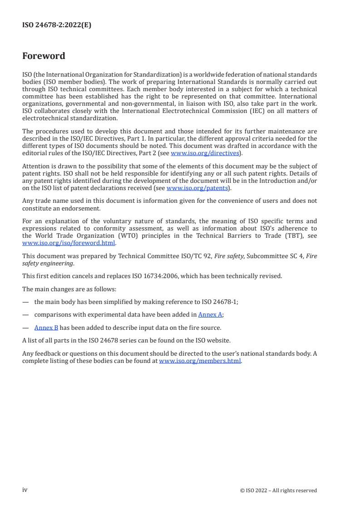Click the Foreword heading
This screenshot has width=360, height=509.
[x=44, y=56]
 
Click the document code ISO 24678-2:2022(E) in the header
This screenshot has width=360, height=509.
[x=57, y=25]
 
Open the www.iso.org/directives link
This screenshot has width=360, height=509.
[x=205, y=153]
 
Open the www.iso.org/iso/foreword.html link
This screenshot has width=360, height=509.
[x=69, y=243]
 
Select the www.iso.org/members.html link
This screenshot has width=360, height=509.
[x=200, y=361]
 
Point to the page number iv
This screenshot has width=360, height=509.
[x=25, y=490]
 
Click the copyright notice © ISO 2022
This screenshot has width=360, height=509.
[x=278, y=490]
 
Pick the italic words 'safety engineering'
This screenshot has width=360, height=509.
[x=48, y=263]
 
